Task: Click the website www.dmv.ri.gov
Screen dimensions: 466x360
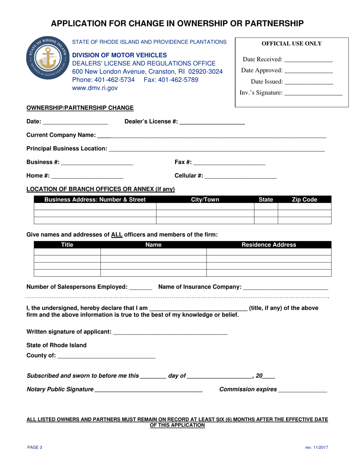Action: [x=95, y=88]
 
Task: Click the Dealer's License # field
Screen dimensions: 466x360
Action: [x=212, y=122]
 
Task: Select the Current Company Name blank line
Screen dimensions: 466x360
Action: [x=211, y=135]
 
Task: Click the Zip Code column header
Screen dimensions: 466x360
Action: [x=304, y=200]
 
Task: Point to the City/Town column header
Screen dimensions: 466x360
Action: [x=205, y=200]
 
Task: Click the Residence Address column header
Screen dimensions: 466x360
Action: [x=269, y=245]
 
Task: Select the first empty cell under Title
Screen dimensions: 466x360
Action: [x=67, y=252]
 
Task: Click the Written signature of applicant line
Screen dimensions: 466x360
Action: [x=170, y=332]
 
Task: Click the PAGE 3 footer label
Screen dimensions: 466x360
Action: [x=34, y=447]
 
